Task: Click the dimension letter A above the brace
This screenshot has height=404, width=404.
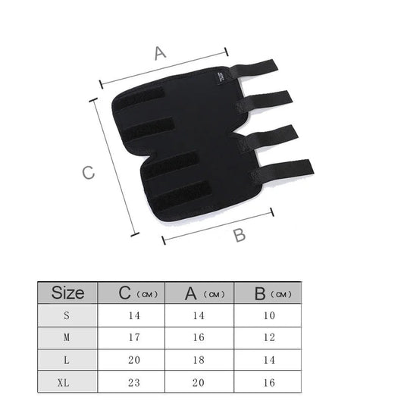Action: [x=160, y=53]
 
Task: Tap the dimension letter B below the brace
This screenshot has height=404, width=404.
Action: [x=240, y=235]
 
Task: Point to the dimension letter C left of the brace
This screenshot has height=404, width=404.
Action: [x=88, y=172]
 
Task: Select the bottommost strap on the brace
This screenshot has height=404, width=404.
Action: [x=282, y=171]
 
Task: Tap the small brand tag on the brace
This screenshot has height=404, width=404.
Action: [x=221, y=78]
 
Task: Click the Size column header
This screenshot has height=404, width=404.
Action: [x=67, y=293]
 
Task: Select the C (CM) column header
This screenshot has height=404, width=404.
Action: [x=138, y=293]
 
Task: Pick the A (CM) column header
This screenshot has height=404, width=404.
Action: [x=205, y=293]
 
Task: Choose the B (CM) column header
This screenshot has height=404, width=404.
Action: [x=273, y=294]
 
